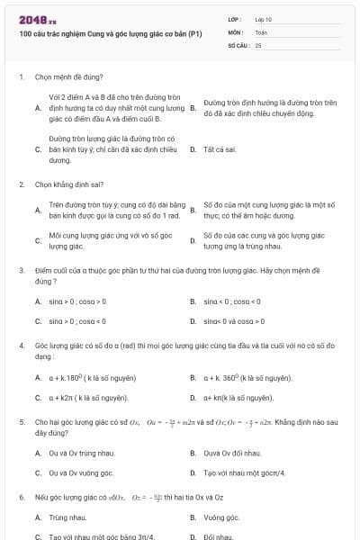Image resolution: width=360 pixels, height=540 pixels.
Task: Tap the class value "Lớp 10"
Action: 264,19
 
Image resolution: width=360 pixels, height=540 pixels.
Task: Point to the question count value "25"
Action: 258,44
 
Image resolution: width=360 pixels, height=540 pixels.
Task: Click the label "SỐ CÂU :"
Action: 238,44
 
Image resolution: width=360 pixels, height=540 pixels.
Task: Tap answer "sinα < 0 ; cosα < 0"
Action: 232,301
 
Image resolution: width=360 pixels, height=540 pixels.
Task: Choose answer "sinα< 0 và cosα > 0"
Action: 233,320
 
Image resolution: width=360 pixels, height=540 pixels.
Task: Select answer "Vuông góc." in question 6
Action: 221,517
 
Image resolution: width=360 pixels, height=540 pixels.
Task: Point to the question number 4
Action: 21,345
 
